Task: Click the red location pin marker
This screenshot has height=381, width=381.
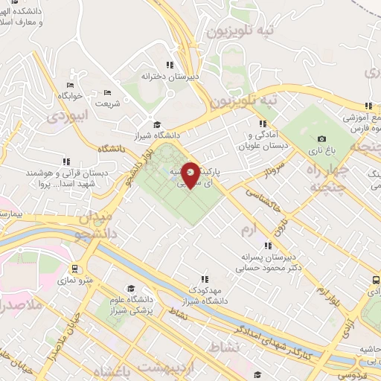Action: pyautogui.click(x=191, y=173)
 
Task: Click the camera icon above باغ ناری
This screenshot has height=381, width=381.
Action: pyautogui.click(x=321, y=138)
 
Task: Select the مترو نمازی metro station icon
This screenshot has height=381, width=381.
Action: pyautogui.click(x=74, y=269)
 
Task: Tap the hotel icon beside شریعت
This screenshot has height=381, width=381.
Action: pyautogui.click(x=107, y=92)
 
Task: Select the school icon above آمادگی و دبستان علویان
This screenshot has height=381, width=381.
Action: pyautogui.click(x=262, y=124)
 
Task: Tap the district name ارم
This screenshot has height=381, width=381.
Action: pyautogui.click(x=248, y=231)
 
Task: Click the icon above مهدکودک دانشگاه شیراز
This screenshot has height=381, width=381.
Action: pyautogui.click(x=204, y=278)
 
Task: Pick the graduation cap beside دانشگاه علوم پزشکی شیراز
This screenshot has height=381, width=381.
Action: pyautogui.click(x=131, y=289)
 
